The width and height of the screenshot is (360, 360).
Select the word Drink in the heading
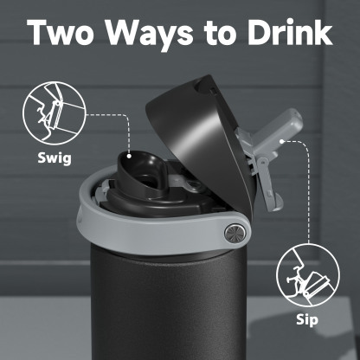282,32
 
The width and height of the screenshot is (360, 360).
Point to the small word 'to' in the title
213,33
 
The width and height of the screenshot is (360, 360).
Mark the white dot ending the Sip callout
283,143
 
